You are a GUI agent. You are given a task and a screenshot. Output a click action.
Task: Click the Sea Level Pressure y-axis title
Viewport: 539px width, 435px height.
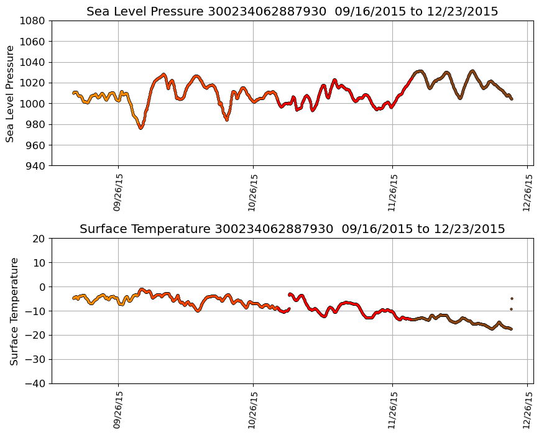10,93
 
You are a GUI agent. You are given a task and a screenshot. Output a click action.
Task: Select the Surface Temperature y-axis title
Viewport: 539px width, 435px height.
14,311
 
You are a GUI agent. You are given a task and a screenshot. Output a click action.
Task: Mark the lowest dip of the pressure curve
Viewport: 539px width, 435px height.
141,128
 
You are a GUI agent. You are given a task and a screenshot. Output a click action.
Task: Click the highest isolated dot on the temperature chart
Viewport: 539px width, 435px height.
512,298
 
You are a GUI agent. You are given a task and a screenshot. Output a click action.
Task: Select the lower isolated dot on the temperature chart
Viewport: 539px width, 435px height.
512,309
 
